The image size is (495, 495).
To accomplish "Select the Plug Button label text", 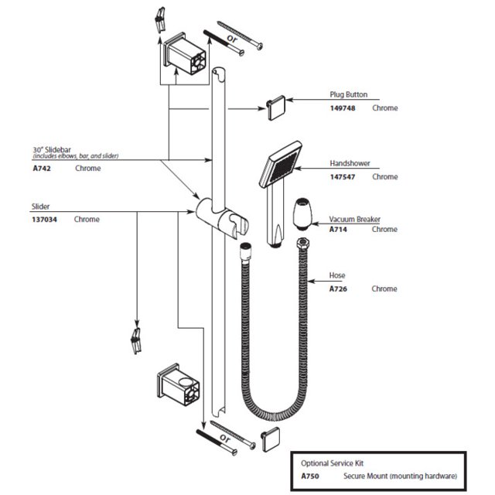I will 349,95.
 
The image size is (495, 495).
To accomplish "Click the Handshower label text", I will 350,164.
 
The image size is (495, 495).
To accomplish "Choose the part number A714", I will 340,230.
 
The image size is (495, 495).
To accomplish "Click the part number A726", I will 340,289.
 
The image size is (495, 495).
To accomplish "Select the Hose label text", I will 337,276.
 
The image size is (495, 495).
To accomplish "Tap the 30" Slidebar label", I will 51,149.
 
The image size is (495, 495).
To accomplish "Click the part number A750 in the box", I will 309,476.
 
